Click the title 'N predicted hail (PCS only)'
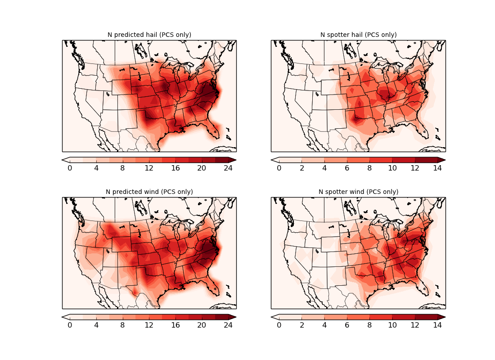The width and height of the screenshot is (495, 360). point(149,35)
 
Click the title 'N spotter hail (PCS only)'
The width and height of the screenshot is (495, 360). point(358,35)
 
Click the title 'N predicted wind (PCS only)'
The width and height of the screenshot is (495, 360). point(149,192)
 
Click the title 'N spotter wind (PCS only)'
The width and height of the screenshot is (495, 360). point(358,192)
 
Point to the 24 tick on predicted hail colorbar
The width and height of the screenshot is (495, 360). point(228,168)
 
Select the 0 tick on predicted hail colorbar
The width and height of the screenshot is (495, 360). point(70,168)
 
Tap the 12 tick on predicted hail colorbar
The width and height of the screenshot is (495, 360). point(149,168)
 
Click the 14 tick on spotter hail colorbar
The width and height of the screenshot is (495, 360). point(437,168)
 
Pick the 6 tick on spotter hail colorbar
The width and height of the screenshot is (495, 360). point(347,168)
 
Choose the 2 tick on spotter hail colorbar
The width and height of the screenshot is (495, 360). point(301,168)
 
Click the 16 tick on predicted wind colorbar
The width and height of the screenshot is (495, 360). point(175,325)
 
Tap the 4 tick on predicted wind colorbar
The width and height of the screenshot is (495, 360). point(96,325)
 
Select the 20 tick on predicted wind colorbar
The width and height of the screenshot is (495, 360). point(202,325)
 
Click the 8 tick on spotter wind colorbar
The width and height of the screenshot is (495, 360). point(369,325)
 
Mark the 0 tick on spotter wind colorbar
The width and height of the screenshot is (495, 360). point(279,325)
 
